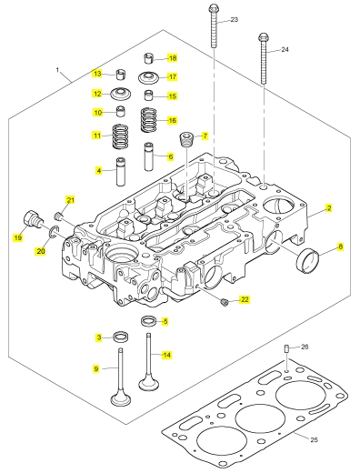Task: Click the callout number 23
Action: pyautogui.click(x=235, y=20)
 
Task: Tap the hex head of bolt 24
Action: pyautogui.click(x=263, y=38)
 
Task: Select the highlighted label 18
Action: pyautogui.click(x=173, y=58)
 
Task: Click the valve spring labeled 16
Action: pyautogui.click(x=149, y=120)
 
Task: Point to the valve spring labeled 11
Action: pyautogui.click(x=120, y=136)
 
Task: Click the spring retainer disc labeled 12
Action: pyautogui.click(x=120, y=94)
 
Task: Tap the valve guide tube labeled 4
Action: pyautogui.click(x=121, y=172)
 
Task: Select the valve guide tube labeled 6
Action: pyautogui.click(x=149, y=156)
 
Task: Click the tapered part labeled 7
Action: pyautogui.click(x=186, y=139)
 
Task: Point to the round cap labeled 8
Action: pyautogui.click(x=307, y=260)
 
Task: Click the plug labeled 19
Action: pyautogui.click(x=33, y=219)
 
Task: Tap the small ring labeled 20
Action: pyautogui.click(x=53, y=232)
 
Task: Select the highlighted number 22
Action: pyautogui.click(x=245, y=299)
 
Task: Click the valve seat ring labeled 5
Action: pyautogui.click(x=149, y=321)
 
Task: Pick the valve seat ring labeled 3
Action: pyautogui.click(x=121, y=337)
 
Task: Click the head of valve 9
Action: pyautogui.click(x=121, y=398)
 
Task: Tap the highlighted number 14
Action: pyautogui.click(x=166, y=355)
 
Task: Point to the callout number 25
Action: pyautogui.click(x=315, y=439)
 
